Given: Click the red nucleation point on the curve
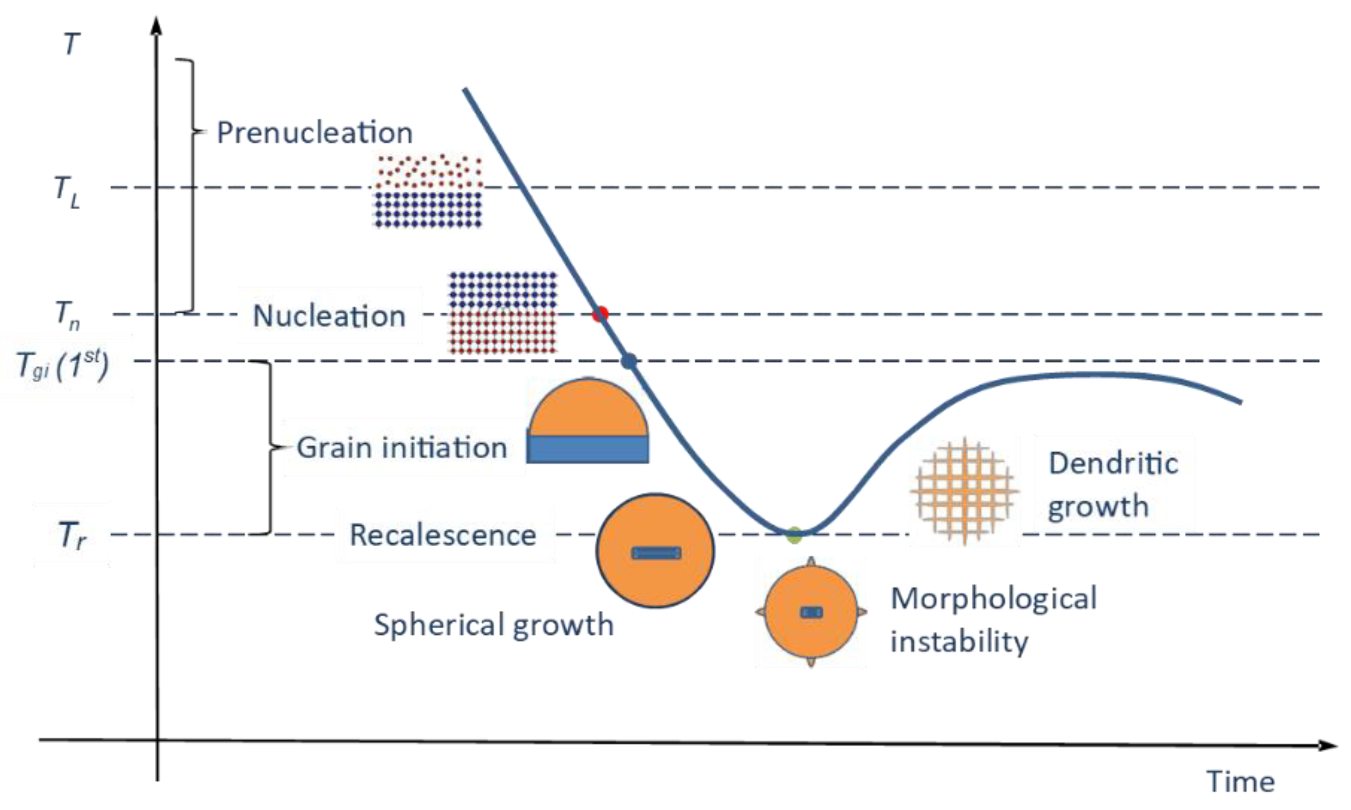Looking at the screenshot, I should pos(600,314).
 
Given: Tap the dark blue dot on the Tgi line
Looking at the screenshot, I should pos(629,361).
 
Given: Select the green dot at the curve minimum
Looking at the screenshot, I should pos(795,535).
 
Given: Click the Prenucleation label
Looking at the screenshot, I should pos(314,133).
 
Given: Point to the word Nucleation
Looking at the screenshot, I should pos(329,316).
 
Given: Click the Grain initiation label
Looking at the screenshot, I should pos(402,447).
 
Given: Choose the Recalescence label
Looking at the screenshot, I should pos(443,535).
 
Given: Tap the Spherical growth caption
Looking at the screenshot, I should pos(494,625).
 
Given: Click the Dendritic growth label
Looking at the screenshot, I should pos(1112,485).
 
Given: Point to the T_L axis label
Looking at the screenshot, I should pos(67,192).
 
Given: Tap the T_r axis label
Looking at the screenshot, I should pos(72,535).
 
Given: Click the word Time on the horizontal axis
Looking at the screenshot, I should pos(1240,782).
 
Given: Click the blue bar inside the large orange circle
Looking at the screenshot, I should pos(656,553).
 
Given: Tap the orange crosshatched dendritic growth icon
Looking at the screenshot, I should pos(965,491).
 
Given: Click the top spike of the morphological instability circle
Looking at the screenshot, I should pos(811,562).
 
